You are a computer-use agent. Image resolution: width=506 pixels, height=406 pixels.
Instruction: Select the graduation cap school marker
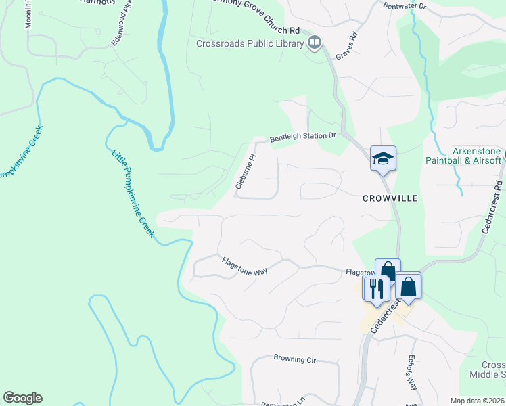click(x=383, y=159)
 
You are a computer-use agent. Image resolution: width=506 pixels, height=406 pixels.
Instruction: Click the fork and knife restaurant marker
click(x=375, y=288)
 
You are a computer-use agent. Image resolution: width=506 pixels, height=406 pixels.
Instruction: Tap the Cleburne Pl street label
click(x=246, y=173)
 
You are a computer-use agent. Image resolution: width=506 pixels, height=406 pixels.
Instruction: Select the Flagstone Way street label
click(x=244, y=267)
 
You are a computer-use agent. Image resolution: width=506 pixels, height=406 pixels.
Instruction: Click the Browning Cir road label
click(x=295, y=359)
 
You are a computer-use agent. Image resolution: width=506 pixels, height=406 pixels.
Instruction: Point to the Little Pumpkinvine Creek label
click(x=134, y=192)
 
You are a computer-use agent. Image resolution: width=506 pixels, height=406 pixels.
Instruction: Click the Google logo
click(x=22, y=398)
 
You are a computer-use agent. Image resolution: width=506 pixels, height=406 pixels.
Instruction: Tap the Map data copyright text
click(x=477, y=401)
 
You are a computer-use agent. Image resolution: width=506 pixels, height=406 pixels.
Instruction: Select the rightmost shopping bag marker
click(x=409, y=286)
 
